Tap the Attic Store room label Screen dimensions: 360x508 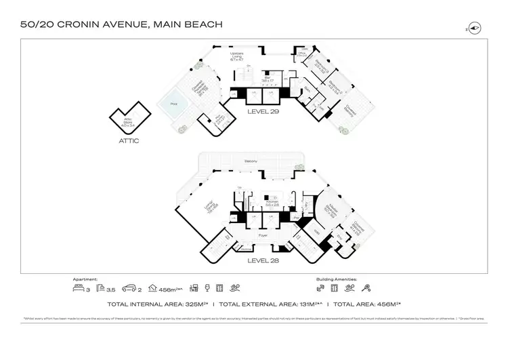pyautogui.click(x=127, y=123)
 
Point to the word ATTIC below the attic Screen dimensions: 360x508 pyautogui.click(x=128, y=141)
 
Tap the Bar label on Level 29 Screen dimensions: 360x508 pyautogui.click(x=268, y=79)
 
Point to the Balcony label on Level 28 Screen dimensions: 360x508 pyautogui.click(x=251, y=161)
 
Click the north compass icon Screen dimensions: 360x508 pyautogui.click(x=474, y=28)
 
